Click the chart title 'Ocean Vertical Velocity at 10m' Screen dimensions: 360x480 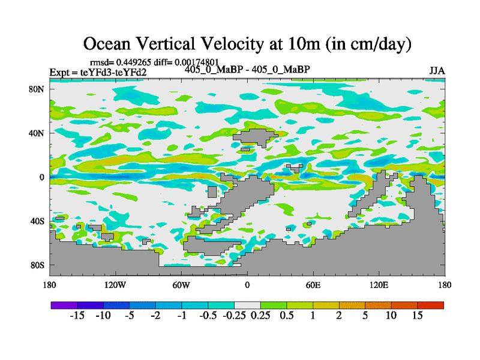[x=247, y=43]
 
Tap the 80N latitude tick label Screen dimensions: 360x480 [x=38, y=89]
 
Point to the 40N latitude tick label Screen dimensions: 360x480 [x=38, y=133]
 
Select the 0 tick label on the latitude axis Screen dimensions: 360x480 [x=43, y=177]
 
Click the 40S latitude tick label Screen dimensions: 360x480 [x=38, y=221]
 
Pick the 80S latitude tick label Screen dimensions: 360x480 [x=38, y=265]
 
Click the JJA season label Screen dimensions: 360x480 [x=437, y=71]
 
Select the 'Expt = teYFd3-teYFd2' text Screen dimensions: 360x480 [x=98, y=73]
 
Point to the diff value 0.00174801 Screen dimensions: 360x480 [x=197, y=62]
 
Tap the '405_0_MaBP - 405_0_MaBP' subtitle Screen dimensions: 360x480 [x=247, y=70]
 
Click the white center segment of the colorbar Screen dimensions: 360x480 [x=247, y=305]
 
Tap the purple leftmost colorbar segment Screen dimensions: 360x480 [x=64, y=305]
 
